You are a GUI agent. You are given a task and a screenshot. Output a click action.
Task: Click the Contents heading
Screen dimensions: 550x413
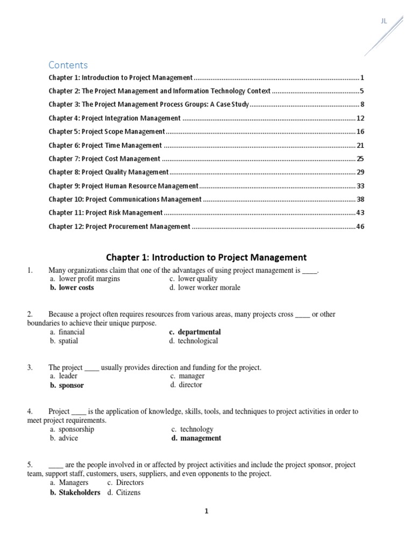[68, 65]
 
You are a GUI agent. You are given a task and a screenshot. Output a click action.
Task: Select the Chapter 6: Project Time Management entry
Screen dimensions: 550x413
[105, 146]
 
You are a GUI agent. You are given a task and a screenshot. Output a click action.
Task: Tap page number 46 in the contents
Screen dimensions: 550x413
[360, 227]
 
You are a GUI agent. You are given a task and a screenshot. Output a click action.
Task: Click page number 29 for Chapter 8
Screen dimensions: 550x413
[360, 172]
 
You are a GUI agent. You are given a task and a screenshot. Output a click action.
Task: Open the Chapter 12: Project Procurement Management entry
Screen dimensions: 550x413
[119, 227]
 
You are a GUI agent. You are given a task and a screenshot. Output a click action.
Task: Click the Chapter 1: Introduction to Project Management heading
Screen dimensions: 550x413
[206, 257]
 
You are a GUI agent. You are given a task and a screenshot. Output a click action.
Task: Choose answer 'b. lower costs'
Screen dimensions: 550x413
[72, 288]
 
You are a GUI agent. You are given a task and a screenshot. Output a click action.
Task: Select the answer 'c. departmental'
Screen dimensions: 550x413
[195, 332]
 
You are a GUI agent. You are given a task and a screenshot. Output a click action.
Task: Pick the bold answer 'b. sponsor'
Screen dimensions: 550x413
[67, 385]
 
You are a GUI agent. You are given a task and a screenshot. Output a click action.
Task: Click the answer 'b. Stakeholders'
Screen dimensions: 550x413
[75, 493]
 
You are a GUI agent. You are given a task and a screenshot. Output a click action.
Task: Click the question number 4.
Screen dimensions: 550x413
[30, 412]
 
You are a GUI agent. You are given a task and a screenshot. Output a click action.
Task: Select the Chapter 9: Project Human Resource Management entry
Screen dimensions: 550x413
[124, 186]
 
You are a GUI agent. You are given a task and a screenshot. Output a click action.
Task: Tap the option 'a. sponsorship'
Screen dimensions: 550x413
[72, 429]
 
